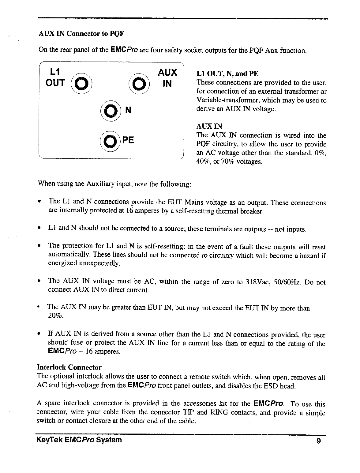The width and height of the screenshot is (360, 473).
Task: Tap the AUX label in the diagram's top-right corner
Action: pyautogui.click(x=167, y=73)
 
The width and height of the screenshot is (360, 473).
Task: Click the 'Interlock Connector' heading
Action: pyautogui.click(x=69, y=367)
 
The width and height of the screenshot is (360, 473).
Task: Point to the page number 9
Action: pyautogui.click(x=319, y=441)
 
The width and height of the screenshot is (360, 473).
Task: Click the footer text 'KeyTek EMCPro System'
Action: pyautogui.click(x=79, y=440)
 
